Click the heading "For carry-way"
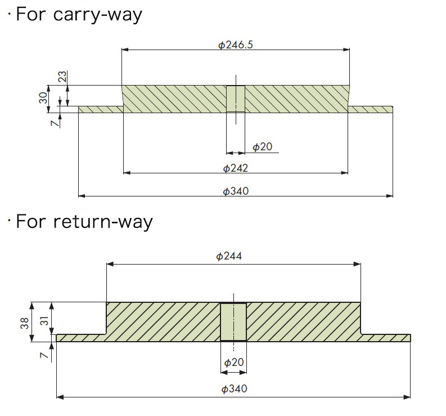tap(78, 14)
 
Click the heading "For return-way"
tap(84, 221)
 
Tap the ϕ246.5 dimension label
tap(236, 44)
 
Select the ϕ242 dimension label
tap(235, 168)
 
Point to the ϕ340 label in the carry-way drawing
tap(235, 191)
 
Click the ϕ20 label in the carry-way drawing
tap(262, 147)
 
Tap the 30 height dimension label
tap(43, 98)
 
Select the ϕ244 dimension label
tap(229, 256)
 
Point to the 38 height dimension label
tap(25, 321)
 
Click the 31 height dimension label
tap(43, 321)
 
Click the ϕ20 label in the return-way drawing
tap(233, 362)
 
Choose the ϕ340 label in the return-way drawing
tap(234, 388)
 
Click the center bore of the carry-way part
tap(236, 99)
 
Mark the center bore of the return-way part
tap(233, 321)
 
